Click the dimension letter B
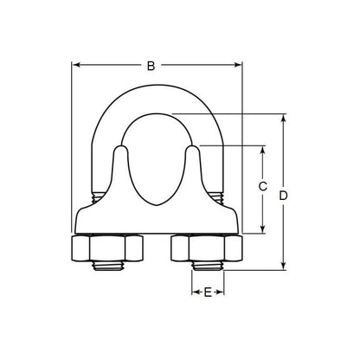click(151, 65)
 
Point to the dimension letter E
click(207, 294)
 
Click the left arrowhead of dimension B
click(75, 65)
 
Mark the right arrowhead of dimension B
click(239, 65)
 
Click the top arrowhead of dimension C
click(263, 149)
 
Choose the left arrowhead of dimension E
click(195, 294)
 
